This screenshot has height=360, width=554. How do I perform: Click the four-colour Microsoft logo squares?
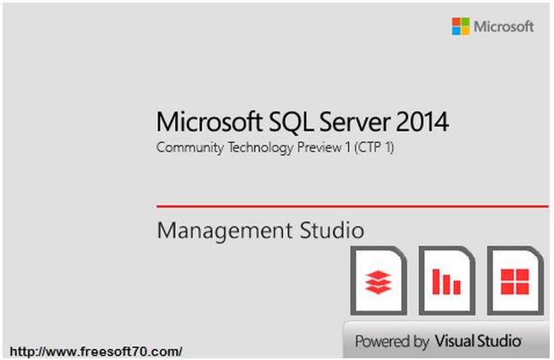click(x=461, y=27)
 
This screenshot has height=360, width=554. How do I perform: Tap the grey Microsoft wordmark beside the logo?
click(x=504, y=27)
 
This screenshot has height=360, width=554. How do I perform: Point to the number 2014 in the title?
click(x=422, y=122)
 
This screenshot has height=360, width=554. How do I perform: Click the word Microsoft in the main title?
click(x=209, y=121)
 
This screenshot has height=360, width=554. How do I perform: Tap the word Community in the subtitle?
click(x=190, y=148)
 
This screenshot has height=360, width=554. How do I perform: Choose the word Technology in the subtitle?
click(x=261, y=148)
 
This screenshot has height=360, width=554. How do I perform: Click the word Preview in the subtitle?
click(x=320, y=147)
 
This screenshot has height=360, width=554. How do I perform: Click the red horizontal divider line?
click(x=352, y=206)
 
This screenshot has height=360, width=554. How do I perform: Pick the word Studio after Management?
click(x=332, y=230)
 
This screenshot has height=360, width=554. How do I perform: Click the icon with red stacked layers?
click(x=379, y=280)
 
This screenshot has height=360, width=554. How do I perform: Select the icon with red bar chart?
click(x=447, y=280)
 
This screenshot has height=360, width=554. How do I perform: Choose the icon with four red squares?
click(x=516, y=280)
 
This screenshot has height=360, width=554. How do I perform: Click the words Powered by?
click(x=392, y=342)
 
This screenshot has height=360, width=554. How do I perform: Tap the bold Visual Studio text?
click(x=478, y=341)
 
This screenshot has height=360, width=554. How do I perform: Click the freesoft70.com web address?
click(x=96, y=351)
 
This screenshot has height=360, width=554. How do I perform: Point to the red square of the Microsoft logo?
click(x=457, y=21)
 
